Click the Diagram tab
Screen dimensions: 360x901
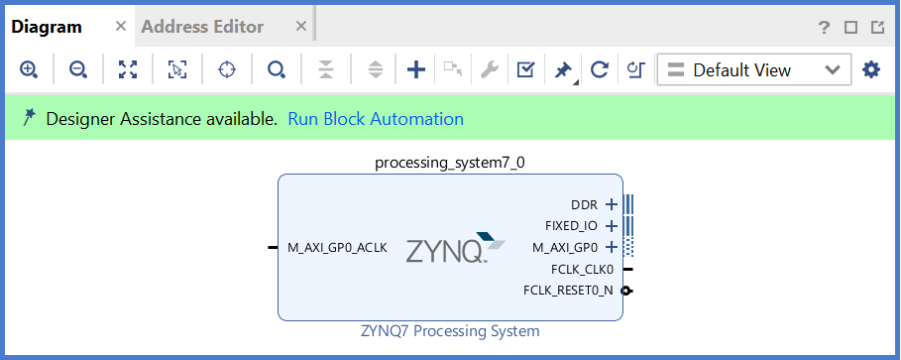pyautogui.click(x=46, y=27)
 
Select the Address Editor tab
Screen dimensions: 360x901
pyautogui.click(x=202, y=27)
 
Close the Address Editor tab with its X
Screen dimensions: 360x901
pyautogui.click(x=301, y=27)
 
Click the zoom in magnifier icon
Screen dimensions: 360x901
pyautogui.click(x=29, y=69)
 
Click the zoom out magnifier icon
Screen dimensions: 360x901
pyautogui.click(x=77, y=69)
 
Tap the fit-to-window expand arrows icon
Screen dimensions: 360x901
pyautogui.click(x=128, y=69)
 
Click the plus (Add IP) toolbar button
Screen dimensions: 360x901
pyautogui.click(x=416, y=69)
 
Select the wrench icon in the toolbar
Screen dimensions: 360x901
pyautogui.click(x=489, y=69)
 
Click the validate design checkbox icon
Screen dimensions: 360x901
pyautogui.click(x=526, y=69)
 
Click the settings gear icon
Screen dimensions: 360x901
pyautogui.click(x=871, y=69)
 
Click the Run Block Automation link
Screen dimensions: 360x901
pyautogui.click(x=376, y=119)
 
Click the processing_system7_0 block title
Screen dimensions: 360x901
pyautogui.click(x=450, y=162)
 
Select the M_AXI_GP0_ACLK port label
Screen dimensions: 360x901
pyautogui.click(x=337, y=247)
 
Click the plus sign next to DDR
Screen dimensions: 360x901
pyautogui.click(x=612, y=205)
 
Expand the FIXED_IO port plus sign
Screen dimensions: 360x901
pyautogui.click(x=612, y=226)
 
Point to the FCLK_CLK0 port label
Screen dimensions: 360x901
pyautogui.click(x=582, y=269)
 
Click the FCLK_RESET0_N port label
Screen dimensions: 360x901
pyautogui.click(x=568, y=291)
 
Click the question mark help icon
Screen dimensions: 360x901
pyautogui.click(x=824, y=28)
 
